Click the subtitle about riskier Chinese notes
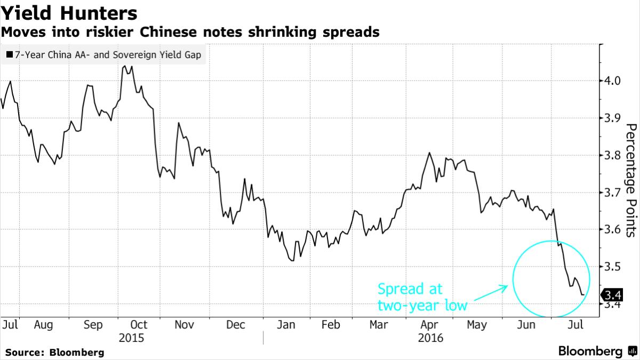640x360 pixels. [190, 33]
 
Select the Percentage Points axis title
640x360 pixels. [631, 180]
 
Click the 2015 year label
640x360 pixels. [132, 338]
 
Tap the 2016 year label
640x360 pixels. [430, 338]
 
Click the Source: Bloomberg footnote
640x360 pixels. [54, 353]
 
